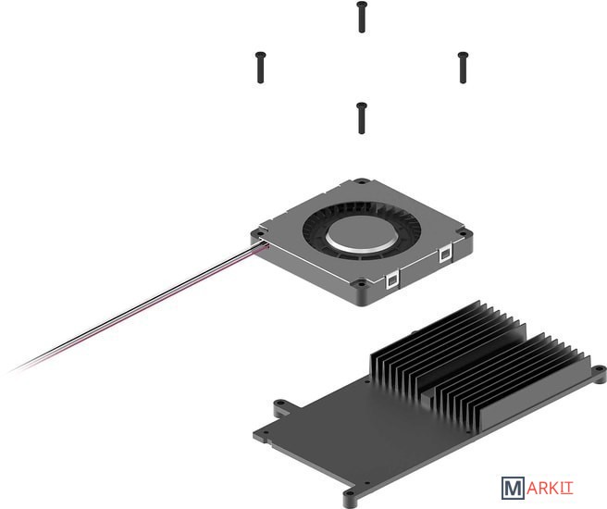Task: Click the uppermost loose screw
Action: pos(362,17)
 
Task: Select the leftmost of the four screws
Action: pos(261,68)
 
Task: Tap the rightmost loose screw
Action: pos(463,68)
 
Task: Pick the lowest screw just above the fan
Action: pos(362,118)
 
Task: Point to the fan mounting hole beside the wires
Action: pos(258,234)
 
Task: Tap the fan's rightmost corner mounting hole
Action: pos(463,232)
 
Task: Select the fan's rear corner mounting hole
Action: pos(362,180)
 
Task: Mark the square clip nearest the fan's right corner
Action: pos(445,254)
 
